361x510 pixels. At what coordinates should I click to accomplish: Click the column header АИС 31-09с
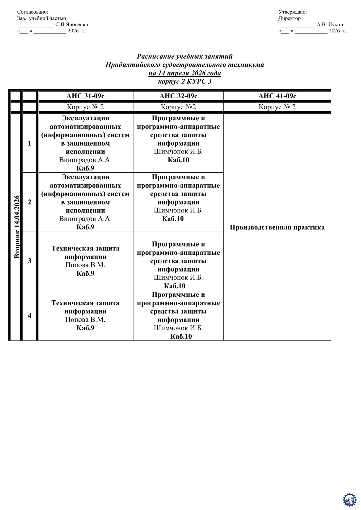pyautogui.click(x=85, y=96)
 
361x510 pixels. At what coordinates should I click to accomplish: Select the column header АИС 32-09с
pyautogui.click(x=178, y=96)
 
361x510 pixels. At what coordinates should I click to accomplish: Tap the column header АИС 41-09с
pyautogui.click(x=277, y=96)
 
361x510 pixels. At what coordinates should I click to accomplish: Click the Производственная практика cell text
pyautogui.click(x=277, y=227)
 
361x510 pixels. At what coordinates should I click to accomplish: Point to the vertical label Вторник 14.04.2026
pyautogui.click(x=17, y=227)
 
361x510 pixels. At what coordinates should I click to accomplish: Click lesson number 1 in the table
pyautogui.click(x=30, y=143)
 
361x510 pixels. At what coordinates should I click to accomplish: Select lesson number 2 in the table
pyautogui.click(x=30, y=202)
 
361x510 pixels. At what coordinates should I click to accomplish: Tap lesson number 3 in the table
pyautogui.click(x=30, y=261)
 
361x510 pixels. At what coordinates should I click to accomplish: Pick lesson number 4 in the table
pyautogui.click(x=30, y=315)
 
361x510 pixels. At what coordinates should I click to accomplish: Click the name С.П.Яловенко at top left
pyautogui.click(x=72, y=25)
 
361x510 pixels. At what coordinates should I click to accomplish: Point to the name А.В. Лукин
pyautogui.click(x=330, y=25)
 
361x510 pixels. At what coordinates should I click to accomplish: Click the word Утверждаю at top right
pyautogui.click(x=292, y=12)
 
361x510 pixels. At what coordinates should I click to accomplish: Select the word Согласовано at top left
pyautogui.click(x=32, y=12)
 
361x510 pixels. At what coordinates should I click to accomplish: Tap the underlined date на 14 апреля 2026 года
pyautogui.click(x=184, y=73)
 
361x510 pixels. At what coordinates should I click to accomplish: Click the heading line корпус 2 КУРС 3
pyautogui.click(x=184, y=81)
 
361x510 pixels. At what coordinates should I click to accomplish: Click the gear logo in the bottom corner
pyautogui.click(x=350, y=500)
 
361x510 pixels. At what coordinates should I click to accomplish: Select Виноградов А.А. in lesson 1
pyautogui.click(x=85, y=160)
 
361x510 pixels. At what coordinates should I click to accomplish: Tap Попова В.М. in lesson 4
pyautogui.click(x=85, y=320)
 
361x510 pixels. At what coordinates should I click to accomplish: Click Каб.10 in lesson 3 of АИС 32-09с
pyautogui.click(x=175, y=286)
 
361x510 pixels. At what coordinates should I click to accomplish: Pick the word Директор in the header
pyautogui.click(x=289, y=18)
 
